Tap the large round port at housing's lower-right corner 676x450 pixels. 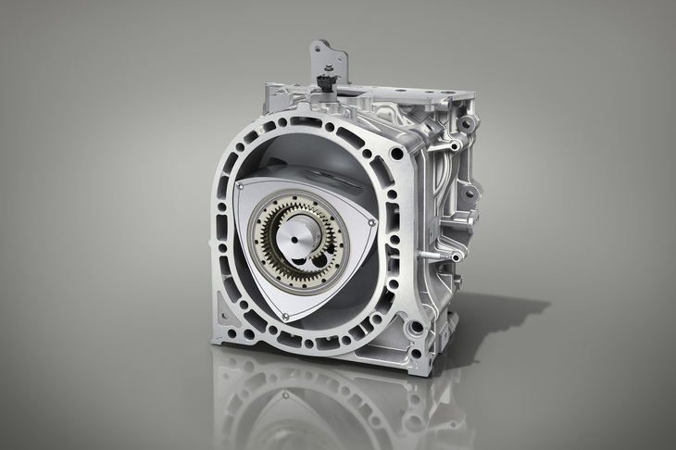(415, 326)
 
